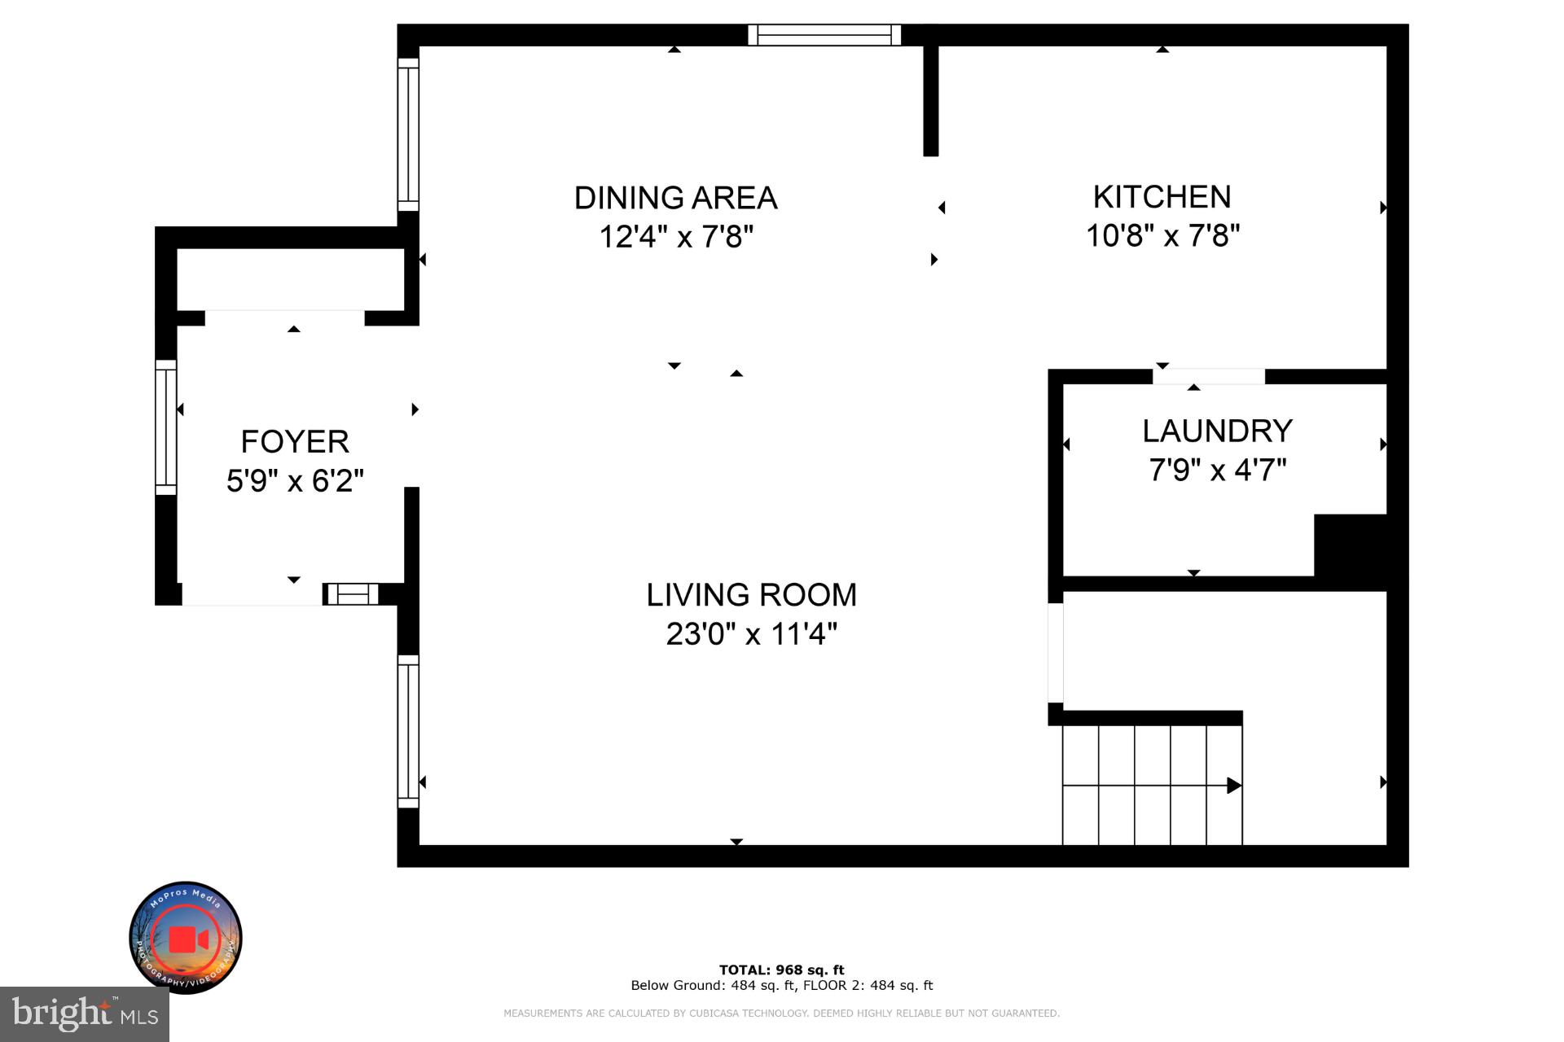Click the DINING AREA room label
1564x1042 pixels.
pyautogui.click(x=675, y=198)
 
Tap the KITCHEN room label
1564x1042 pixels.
pyautogui.click(x=1162, y=197)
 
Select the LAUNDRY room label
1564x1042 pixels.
pyautogui.click(x=1217, y=431)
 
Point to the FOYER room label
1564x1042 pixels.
pyautogui.click(x=295, y=441)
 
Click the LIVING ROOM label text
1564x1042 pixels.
pyautogui.click(x=751, y=595)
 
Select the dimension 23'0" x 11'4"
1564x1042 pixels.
pyautogui.click(x=751, y=633)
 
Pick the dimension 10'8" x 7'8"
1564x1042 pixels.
pyautogui.click(x=1162, y=236)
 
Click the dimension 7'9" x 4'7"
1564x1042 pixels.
pyautogui.click(x=1217, y=470)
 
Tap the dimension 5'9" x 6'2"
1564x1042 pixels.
pyautogui.click(x=295, y=480)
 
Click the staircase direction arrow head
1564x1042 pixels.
pyautogui.click(x=1234, y=786)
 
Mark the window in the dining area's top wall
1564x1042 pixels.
pyautogui.click(x=824, y=35)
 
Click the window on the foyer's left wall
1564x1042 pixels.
pyautogui.click(x=165, y=427)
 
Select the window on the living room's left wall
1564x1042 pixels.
pyautogui.click(x=408, y=731)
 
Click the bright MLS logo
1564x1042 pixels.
pyautogui.click(x=85, y=1014)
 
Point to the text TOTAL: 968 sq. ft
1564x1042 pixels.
pyautogui.click(x=781, y=970)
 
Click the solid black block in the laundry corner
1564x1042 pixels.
pyautogui.click(x=1350, y=545)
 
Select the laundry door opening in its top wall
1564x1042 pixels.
pyautogui.click(x=1208, y=376)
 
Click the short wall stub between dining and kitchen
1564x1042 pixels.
pyautogui.click(x=931, y=99)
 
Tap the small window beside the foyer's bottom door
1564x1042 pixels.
pyautogui.click(x=352, y=594)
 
